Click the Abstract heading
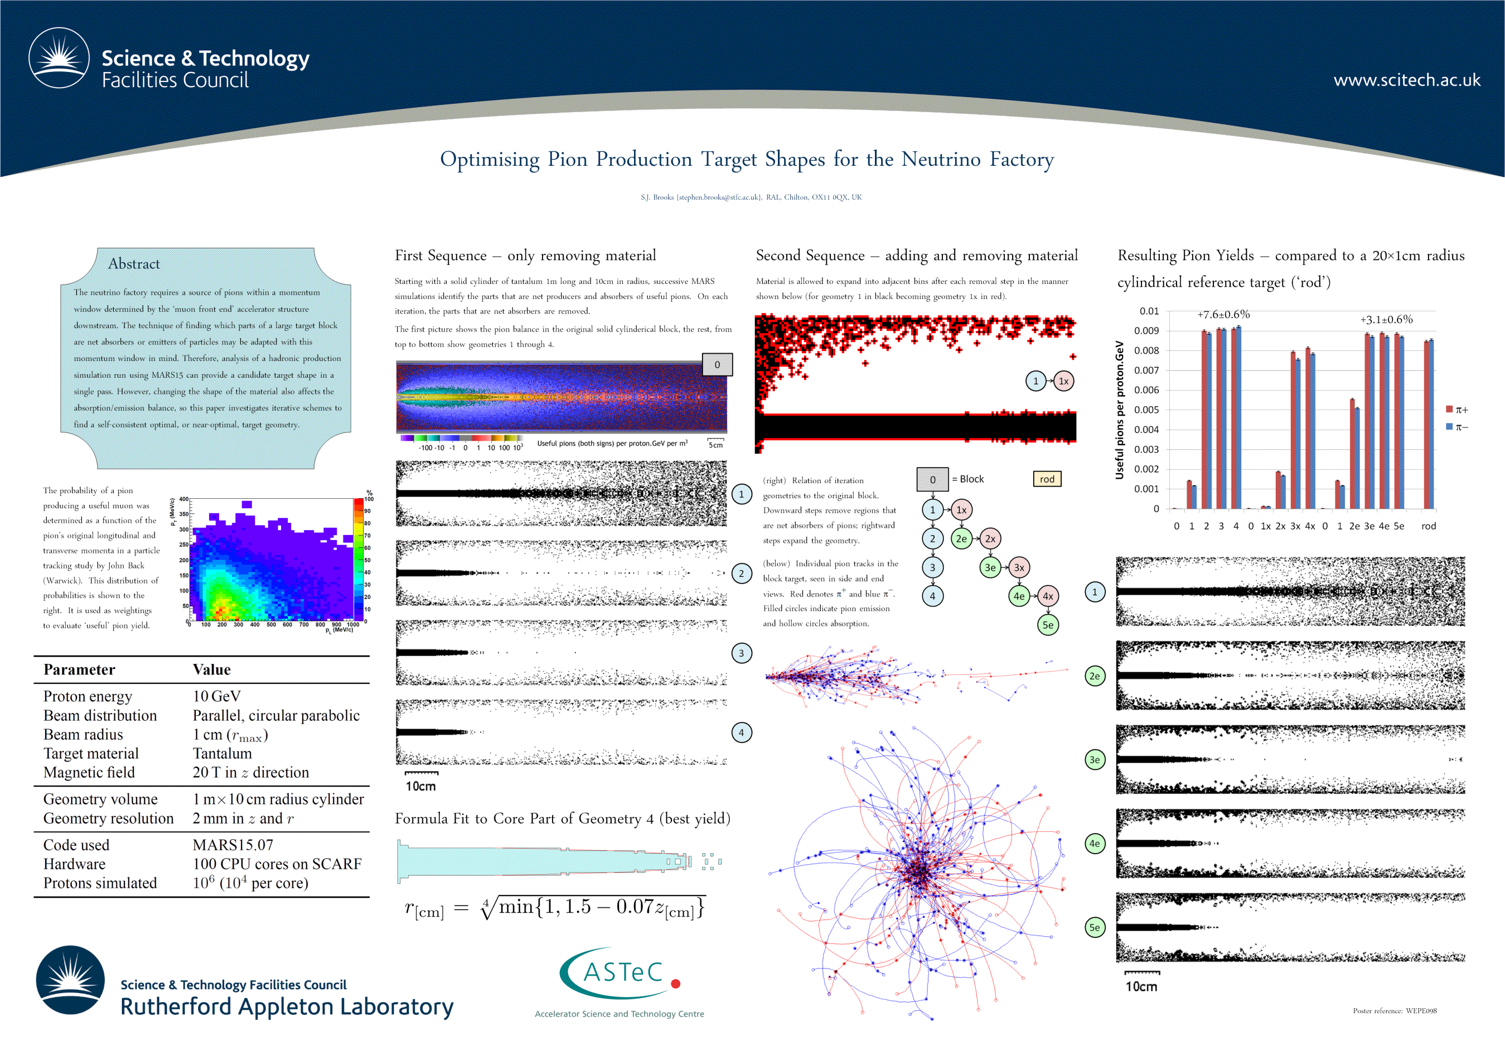133,264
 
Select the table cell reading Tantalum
222,753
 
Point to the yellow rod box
1047,479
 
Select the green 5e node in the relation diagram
1047,625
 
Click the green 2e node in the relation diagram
961,539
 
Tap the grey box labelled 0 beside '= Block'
932,480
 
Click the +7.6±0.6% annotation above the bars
1223,315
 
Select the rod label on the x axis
1428,526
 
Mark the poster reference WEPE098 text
1394,1010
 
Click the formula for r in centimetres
554,908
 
